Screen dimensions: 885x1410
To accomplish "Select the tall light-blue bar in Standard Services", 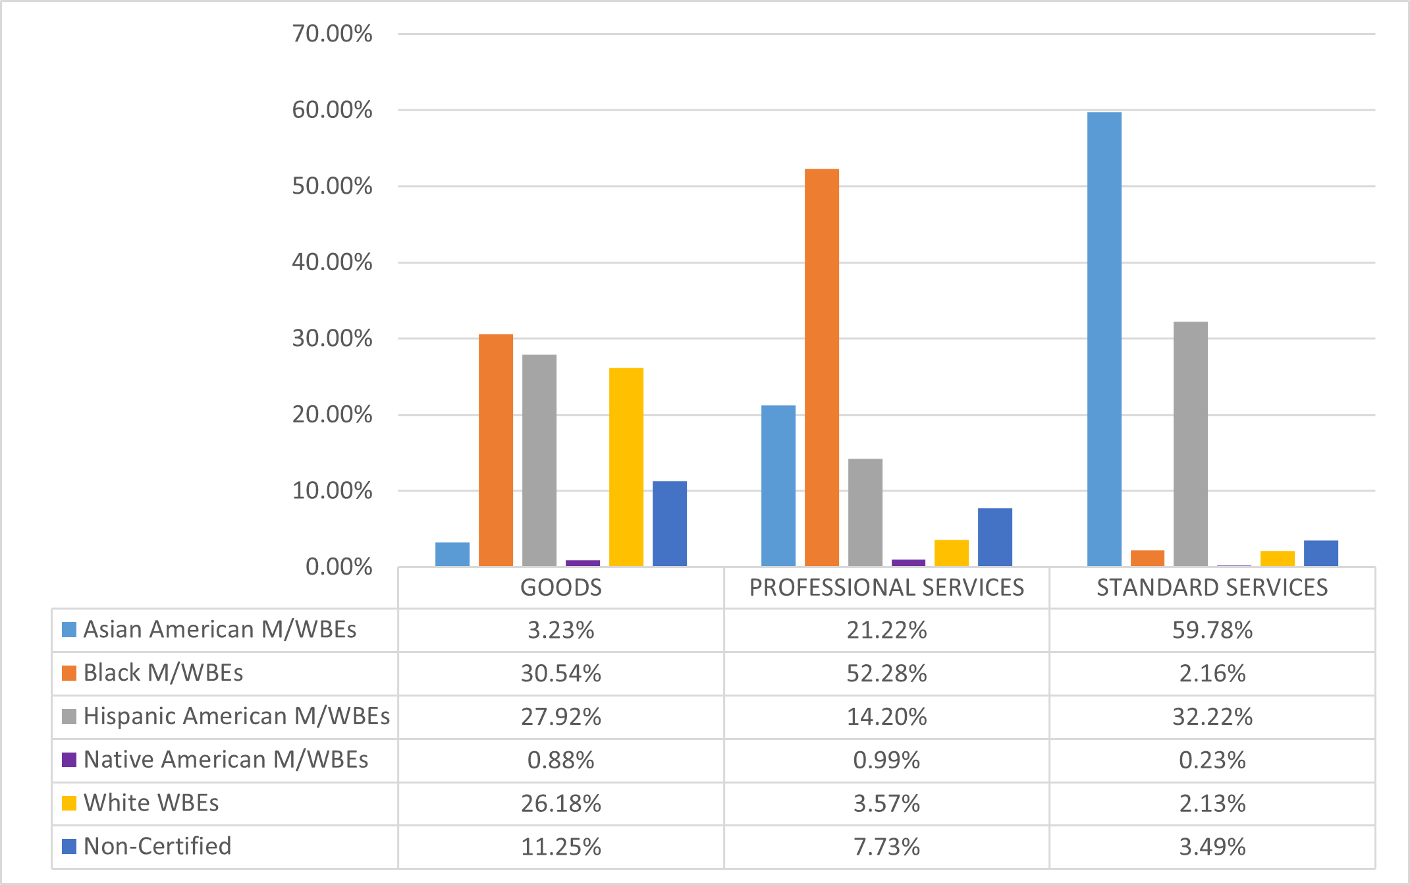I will point(1104,339).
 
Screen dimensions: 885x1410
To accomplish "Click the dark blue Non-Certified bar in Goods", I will point(669,523).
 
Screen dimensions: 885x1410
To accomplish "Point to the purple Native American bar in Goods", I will point(582,563).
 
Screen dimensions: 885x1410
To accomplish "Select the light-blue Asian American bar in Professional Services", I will point(778,486).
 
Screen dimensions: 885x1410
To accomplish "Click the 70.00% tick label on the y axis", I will point(332,34).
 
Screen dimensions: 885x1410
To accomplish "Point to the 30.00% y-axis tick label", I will point(332,339).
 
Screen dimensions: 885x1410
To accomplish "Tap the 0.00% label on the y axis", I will point(339,567).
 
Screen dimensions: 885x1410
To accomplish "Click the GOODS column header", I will point(560,587).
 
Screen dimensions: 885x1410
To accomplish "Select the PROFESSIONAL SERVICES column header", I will point(886,587).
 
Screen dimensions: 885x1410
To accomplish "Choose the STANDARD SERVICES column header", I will point(1212,587).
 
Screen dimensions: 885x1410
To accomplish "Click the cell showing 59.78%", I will point(1212,630).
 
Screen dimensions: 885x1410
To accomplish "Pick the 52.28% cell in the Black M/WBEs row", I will point(886,673).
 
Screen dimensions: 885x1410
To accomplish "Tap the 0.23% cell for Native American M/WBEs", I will point(1212,760).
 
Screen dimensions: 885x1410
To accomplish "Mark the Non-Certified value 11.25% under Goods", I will point(560,847).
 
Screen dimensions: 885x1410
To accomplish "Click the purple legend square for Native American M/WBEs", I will point(69,760).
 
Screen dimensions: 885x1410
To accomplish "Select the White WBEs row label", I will point(151,803).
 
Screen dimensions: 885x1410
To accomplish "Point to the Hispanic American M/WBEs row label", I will point(236,716).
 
